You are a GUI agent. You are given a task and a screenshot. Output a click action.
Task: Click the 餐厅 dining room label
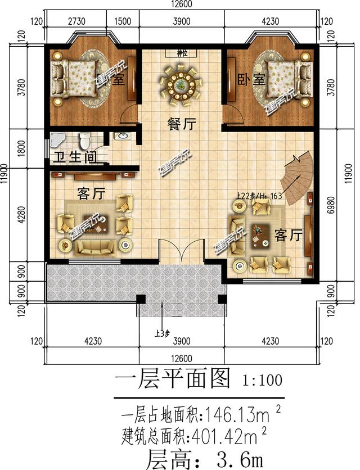click(181, 125)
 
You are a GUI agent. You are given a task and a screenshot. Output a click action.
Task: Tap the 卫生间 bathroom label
click(73, 159)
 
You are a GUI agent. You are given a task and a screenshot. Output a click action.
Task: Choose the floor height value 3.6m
click(236, 458)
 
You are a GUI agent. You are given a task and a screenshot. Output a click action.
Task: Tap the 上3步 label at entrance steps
click(163, 333)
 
